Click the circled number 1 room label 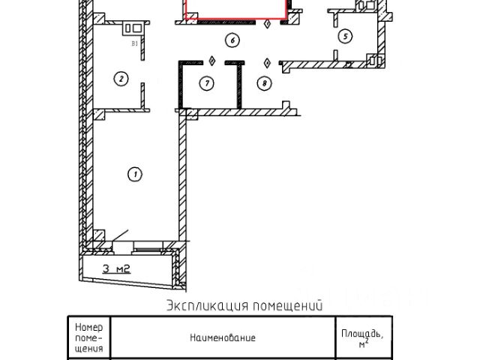point(135,175)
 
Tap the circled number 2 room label point(119,77)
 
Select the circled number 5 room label point(344,36)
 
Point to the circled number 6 point(233,40)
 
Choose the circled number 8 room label point(263,83)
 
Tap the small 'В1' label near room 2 point(135,45)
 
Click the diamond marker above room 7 point(212,60)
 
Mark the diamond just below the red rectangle point(268,24)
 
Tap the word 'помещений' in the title point(289,305)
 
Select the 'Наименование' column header point(222,337)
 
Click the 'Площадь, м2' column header point(363,337)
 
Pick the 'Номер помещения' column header point(89,337)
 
